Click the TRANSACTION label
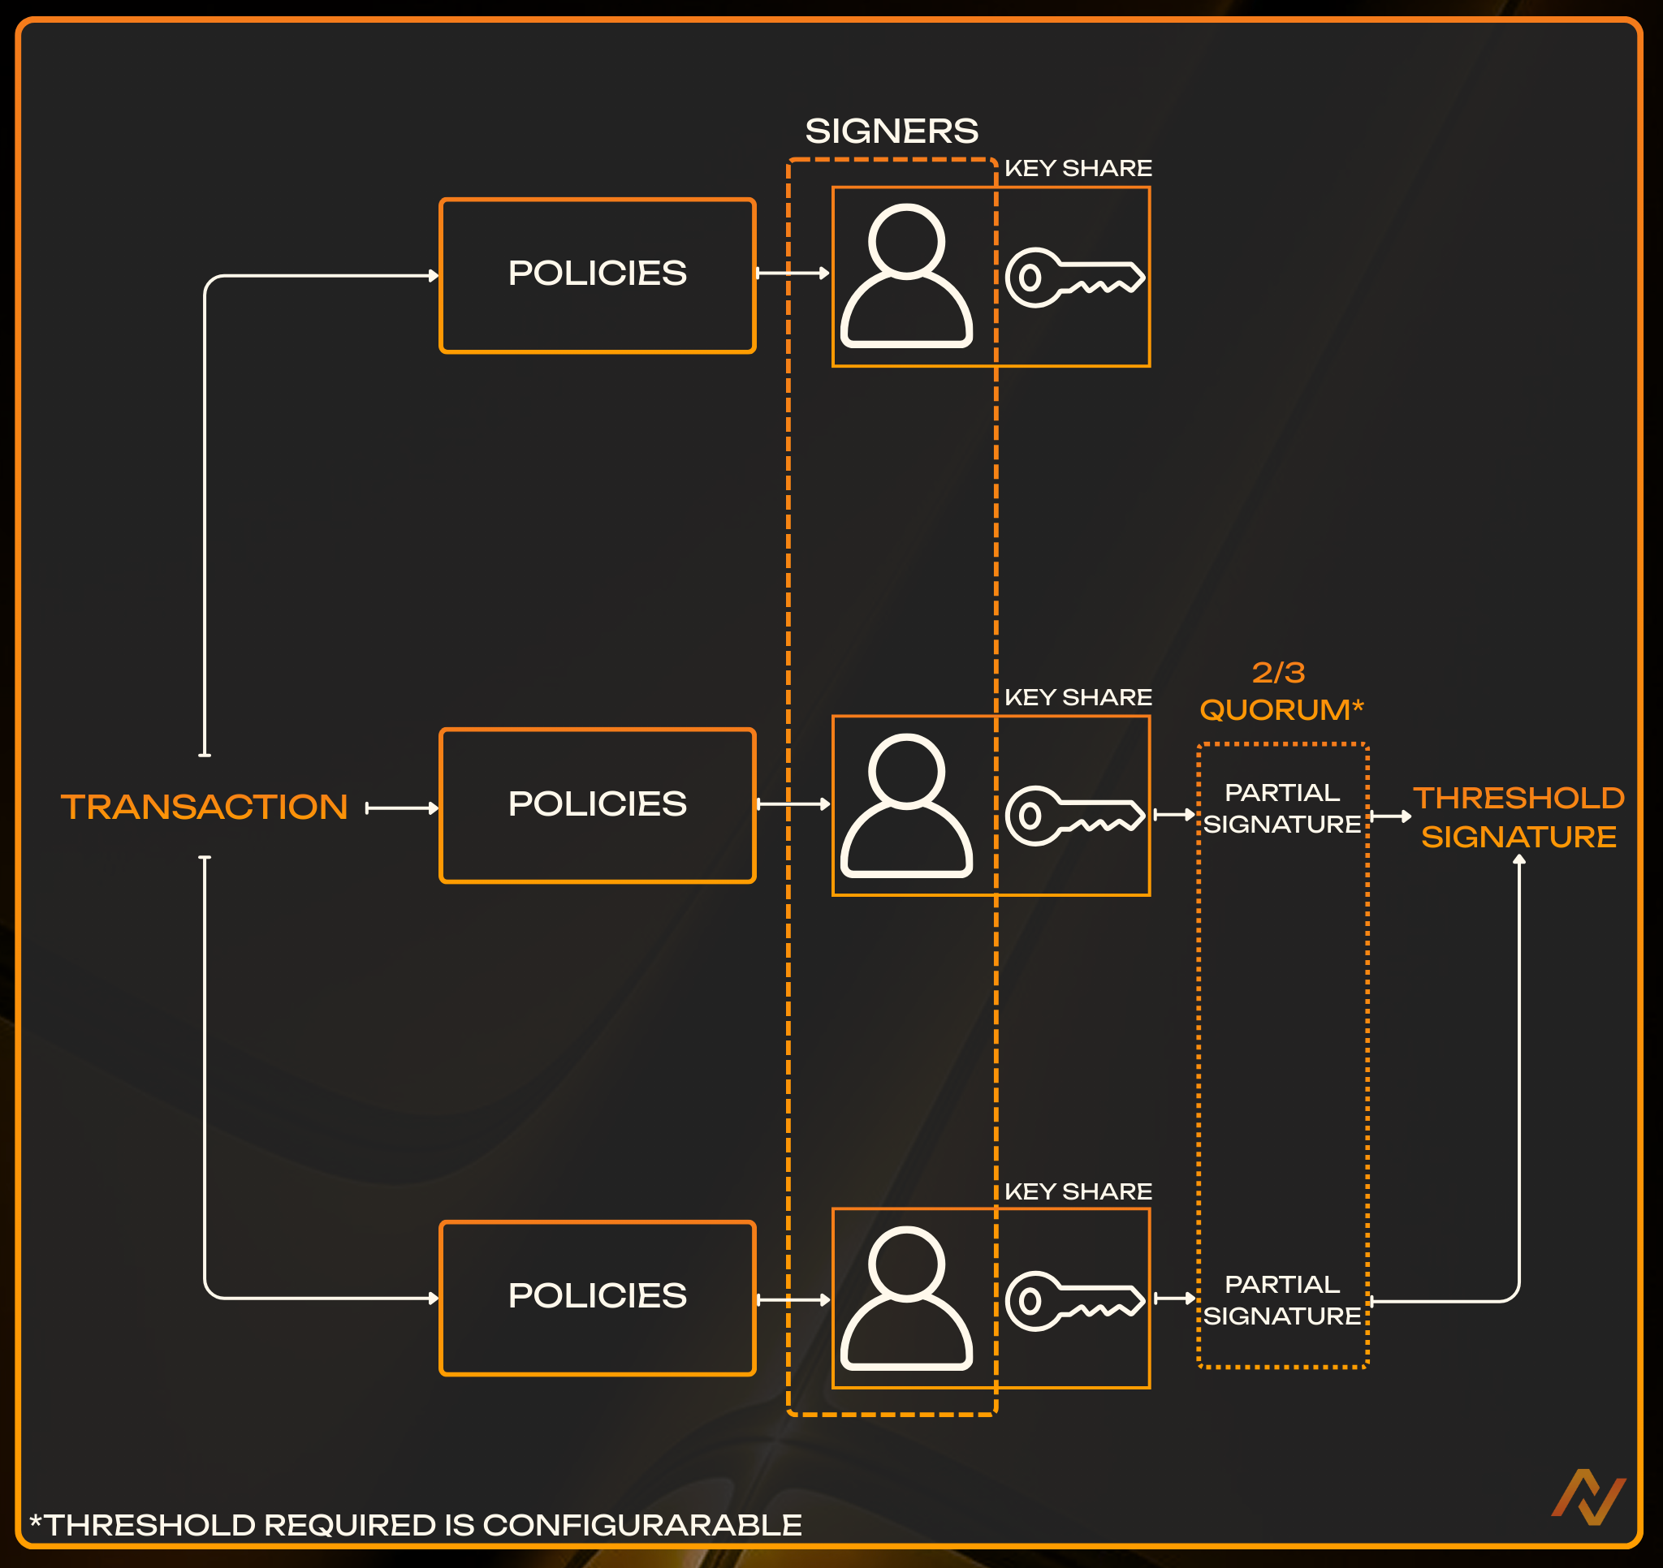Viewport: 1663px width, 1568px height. click(x=204, y=807)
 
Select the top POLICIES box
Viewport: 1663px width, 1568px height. click(x=598, y=274)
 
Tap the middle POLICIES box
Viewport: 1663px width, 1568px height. click(x=598, y=804)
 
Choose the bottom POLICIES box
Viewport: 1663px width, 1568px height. click(x=598, y=1296)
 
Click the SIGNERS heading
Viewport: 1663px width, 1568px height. click(x=892, y=131)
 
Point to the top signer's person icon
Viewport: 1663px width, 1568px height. click(x=906, y=275)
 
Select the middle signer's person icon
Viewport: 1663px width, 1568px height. click(x=906, y=805)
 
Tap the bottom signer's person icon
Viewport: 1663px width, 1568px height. click(x=906, y=1298)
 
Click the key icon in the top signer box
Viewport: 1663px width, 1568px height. click(x=1074, y=278)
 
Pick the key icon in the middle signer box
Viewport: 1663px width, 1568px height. click(x=1074, y=816)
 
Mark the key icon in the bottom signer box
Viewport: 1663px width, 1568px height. click(x=1074, y=1300)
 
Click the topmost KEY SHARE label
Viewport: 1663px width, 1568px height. click(x=1078, y=168)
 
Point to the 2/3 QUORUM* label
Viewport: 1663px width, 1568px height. click(x=1281, y=691)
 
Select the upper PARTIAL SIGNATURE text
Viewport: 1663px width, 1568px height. click(x=1281, y=808)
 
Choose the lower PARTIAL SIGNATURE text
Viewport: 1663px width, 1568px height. click(x=1281, y=1299)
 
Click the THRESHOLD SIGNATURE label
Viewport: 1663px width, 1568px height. click(x=1518, y=817)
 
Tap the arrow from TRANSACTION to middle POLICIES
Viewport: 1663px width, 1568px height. click(x=403, y=808)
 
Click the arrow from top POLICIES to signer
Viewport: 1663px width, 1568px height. click(x=793, y=273)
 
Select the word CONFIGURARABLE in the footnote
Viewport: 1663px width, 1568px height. click(x=641, y=1524)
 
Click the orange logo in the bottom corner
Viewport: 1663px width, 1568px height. click(x=1587, y=1497)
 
